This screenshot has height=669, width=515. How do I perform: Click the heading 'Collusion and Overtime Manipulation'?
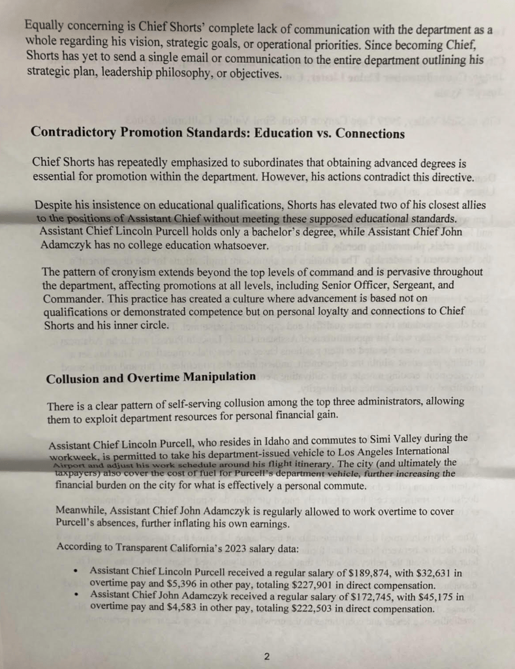[x=151, y=378]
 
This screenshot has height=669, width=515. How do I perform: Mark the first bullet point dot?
[x=77, y=573]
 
